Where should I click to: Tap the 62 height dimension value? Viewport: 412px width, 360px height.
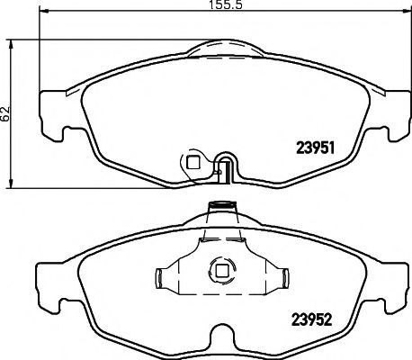(5, 113)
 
